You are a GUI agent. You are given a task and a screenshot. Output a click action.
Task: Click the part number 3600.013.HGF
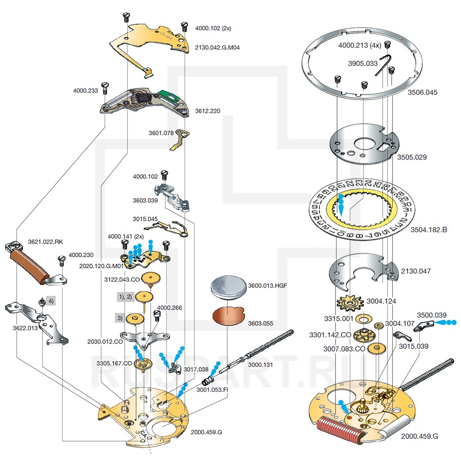pyautogui.click(x=268, y=285)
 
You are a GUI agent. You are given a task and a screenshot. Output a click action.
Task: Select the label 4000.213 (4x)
pyautogui.click(x=360, y=45)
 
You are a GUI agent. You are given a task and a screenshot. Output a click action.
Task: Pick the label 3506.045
pyautogui.click(x=423, y=92)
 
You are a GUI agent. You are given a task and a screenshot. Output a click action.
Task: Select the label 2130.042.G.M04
pyautogui.click(x=217, y=47)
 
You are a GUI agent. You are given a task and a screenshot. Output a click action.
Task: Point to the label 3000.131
pyautogui.click(x=261, y=364)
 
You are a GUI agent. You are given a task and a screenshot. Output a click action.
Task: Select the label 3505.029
pyautogui.click(x=412, y=157)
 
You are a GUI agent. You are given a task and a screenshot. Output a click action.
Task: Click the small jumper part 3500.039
pyautogui.click(x=424, y=327)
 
